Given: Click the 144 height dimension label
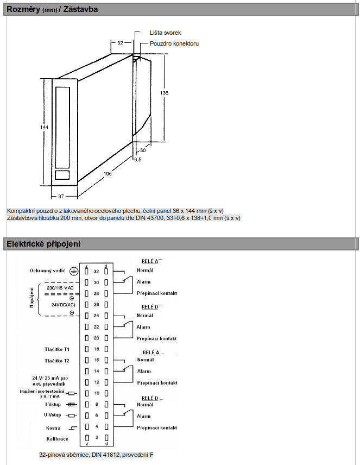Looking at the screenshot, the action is point(44,127).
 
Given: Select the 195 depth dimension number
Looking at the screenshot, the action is point(108,173).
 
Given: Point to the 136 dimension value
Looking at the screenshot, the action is point(164,93).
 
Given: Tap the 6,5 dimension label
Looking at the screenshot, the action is point(137,160).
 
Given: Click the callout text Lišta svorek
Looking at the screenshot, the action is point(165,33).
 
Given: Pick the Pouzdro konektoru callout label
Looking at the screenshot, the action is point(174,43).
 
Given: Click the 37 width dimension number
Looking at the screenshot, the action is point(61,196).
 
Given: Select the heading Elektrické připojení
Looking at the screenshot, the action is point(43,244).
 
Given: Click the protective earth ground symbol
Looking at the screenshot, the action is point(73,271).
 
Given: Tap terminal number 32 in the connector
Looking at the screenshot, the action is point(96,272).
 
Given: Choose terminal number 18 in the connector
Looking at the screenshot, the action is point(96,349).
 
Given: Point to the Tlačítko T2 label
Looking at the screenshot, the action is point(57,361).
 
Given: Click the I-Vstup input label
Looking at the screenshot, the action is point(53,404).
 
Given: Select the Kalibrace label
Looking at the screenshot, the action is point(57,438).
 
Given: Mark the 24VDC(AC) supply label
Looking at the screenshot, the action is point(64,305).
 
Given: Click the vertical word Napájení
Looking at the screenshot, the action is point(31,297).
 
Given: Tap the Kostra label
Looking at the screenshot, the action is point(53,428).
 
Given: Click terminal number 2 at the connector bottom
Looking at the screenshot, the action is point(97,437).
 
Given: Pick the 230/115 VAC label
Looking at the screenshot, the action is point(60,288).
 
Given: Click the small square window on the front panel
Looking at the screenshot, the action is point(62,175).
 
